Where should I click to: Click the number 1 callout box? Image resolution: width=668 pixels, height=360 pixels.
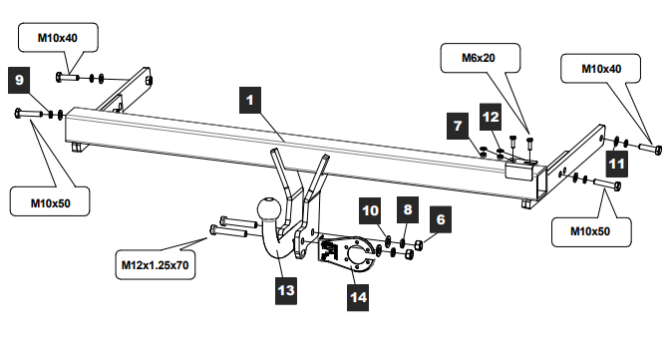pos(250,100)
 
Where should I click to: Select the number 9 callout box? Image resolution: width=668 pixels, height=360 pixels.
pos(19,80)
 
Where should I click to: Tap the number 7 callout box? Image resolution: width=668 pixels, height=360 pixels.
pos(458,126)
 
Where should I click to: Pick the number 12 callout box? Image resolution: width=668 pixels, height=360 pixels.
pos(491,117)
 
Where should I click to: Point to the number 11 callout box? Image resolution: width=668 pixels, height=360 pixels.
pos(617,164)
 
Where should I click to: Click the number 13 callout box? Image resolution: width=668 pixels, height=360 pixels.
pos(286,290)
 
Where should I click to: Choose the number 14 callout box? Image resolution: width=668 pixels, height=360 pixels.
pos(358,297)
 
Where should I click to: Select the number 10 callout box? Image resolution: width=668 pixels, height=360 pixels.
pos(370,210)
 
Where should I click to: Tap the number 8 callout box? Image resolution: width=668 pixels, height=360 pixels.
pos(408,209)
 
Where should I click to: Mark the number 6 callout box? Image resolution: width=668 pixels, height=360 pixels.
pos(441,219)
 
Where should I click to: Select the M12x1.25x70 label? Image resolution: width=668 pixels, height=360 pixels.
pos(156,265)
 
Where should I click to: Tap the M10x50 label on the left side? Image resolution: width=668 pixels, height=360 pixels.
pos(50,203)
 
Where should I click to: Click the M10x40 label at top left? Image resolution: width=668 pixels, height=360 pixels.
pos(58,38)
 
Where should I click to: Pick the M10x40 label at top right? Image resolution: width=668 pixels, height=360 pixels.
pos(601,69)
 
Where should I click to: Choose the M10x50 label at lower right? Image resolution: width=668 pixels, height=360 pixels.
pos(590,231)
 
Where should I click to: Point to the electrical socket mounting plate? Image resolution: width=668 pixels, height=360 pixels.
pos(346,254)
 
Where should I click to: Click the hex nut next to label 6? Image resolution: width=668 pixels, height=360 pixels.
pos(419,245)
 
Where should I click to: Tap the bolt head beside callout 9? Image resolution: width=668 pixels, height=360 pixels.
pos(18,113)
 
